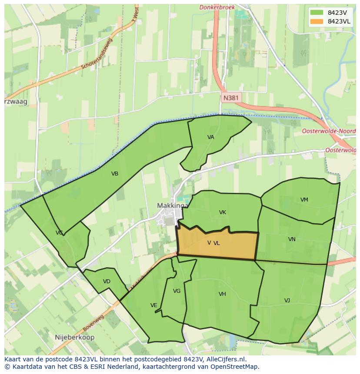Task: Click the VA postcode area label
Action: click(x=210, y=137)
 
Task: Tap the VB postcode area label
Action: click(x=115, y=174)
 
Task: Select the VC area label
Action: click(x=59, y=233)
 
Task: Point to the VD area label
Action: click(x=107, y=281)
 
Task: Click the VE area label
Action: click(x=153, y=305)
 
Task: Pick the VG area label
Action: click(x=177, y=291)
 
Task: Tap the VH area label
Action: click(x=222, y=294)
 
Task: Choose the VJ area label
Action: click(x=287, y=301)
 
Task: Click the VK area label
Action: click(x=223, y=212)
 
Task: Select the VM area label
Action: click(x=304, y=200)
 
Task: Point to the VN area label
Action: click(x=292, y=239)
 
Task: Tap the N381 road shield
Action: click(x=230, y=98)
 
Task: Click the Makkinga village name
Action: click(x=173, y=205)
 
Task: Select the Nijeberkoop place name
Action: click(x=75, y=337)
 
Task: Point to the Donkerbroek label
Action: click(x=217, y=7)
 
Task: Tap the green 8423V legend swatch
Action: click(x=317, y=13)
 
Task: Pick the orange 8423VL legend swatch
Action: click(x=317, y=21)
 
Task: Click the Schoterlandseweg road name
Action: click(x=97, y=54)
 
